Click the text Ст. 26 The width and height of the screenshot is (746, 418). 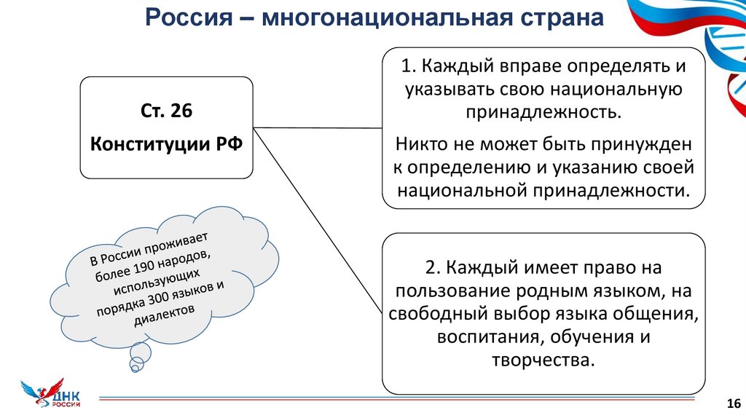(166, 111)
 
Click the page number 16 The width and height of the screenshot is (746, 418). (733, 403)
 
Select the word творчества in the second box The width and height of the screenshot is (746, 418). (542, 360)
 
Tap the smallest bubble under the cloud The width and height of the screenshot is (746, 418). (135, 366)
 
